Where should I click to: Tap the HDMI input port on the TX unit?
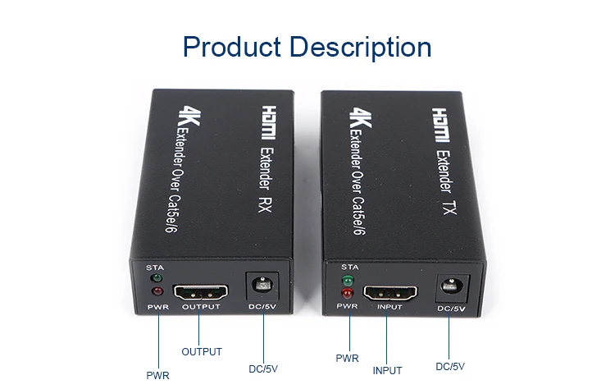point(391,292)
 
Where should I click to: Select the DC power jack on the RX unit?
point(264,287)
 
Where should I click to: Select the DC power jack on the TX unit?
point(450,286)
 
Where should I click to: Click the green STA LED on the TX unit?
point(348,281)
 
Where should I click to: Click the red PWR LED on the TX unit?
point(348,294)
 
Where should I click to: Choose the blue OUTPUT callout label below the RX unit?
point(202,352)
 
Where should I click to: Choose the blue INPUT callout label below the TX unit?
point(388,370)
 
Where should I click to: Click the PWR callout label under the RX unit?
point(157,375)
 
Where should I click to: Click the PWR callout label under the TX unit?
point(348,358)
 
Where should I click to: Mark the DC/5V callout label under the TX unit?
point(450,366)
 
